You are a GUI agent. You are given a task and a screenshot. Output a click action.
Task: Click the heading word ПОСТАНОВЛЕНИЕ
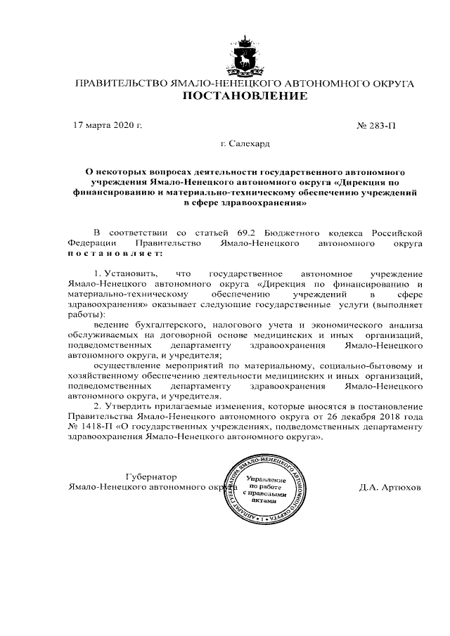click(x=245, y=97)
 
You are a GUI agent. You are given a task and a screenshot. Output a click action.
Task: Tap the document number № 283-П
click(x=377, y=126)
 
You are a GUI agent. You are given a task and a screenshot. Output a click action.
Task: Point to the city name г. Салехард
click(x=245, y=144)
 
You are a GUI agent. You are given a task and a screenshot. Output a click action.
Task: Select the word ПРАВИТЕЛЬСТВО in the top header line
click(x=121, y=84)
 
